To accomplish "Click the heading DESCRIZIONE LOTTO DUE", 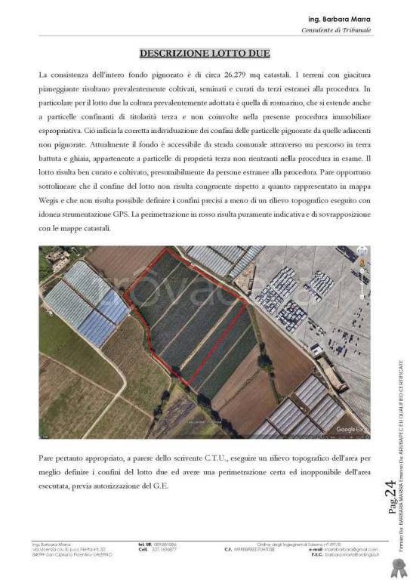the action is point(205,54).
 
